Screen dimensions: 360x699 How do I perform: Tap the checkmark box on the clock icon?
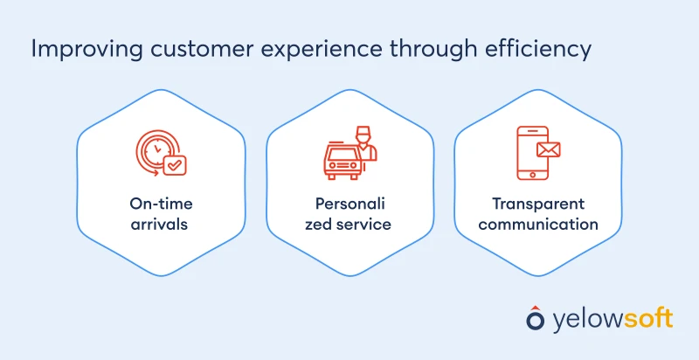[x=176, y=163]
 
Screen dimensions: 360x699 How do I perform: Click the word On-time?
[x=161, y=204]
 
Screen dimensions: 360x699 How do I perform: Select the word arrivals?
[x=161, y=225]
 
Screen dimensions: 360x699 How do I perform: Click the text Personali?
[x=349, y=204]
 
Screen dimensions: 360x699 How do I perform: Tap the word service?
[x=369, y=225]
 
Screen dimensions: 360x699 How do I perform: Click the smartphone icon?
[x=530, y=154]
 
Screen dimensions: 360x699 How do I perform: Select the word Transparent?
[x=537, y=204]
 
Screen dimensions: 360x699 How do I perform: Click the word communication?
[x=537, y=225]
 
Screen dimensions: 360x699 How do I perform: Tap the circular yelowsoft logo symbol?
[x=535, y=318]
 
